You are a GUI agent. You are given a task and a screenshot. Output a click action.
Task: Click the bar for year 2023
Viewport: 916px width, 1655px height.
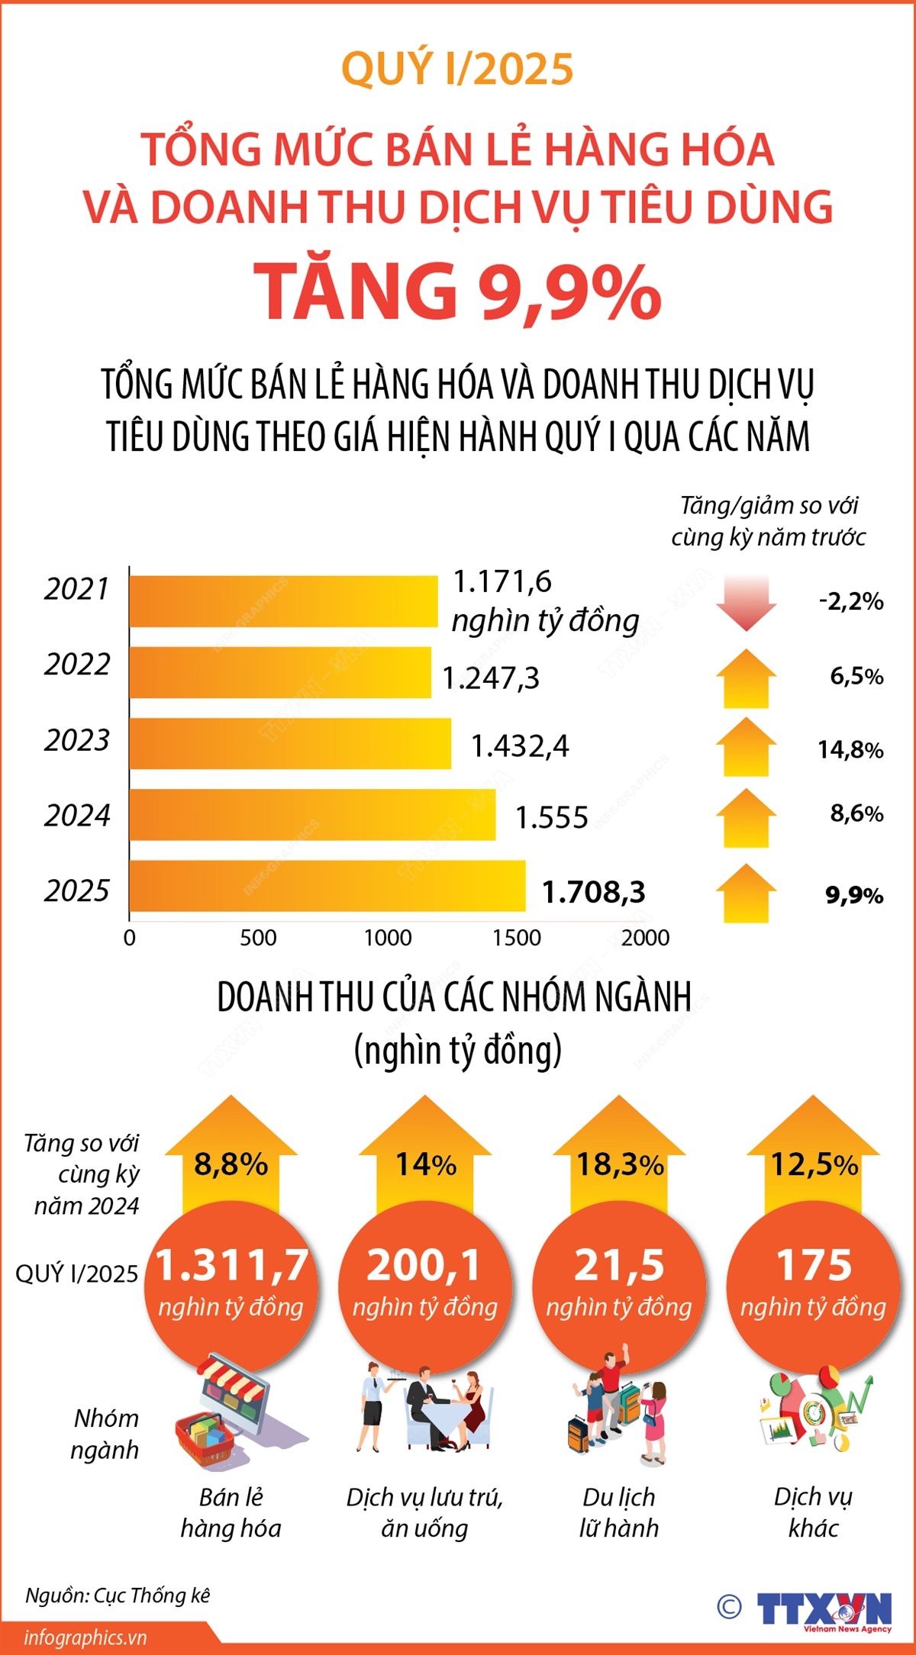pos(290,744)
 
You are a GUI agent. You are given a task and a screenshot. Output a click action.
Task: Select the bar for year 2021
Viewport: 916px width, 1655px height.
pos(283,601)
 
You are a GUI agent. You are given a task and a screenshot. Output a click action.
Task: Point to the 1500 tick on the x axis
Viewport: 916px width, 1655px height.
pos(517,938)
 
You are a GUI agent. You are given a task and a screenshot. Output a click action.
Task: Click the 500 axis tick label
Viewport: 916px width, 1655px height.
pos(258,938)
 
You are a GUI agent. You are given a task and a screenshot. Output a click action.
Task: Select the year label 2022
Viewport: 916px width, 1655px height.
pos(77,665)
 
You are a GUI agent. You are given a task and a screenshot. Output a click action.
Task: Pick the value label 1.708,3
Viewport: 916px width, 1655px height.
pos(593,892)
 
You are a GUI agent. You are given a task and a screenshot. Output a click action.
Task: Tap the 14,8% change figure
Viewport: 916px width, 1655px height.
pos(850,750)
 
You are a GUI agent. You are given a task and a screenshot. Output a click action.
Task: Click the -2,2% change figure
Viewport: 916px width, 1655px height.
pos(851,601)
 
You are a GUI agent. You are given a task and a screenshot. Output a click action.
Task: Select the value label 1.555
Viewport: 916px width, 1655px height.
pos(551,818)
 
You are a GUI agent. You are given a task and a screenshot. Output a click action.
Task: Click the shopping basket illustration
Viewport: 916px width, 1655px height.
pos(206,1438)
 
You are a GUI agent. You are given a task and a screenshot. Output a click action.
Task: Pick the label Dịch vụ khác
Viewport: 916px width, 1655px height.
pos(813,1512)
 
